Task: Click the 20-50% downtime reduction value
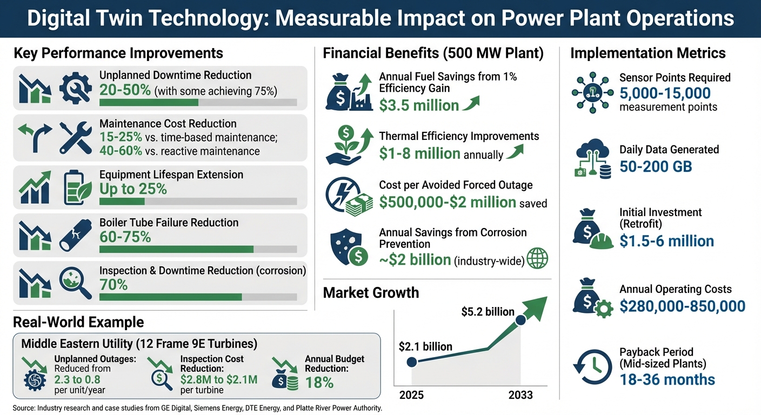(x=125, y=90)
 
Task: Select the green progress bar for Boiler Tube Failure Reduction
(x=176, y=249)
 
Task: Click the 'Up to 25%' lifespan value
(x=133, y=189)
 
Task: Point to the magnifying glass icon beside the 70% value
(x=75, y=283)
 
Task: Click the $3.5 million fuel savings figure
(x=419, y=105)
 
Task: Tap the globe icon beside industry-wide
(x=537, y=259)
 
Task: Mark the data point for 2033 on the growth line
(x=520, y=320)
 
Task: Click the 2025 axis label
(x=411, y=395)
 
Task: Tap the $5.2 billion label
(x=488, y=312)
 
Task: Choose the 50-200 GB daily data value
(x=656, y=166)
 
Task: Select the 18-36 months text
(x=667, y=379)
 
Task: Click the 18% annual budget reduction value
(x=319, y=383)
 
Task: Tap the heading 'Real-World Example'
(x=78, y=323)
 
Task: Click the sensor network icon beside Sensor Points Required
(x=592, y=91)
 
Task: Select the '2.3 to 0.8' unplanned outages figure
(x=77, y=379)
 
